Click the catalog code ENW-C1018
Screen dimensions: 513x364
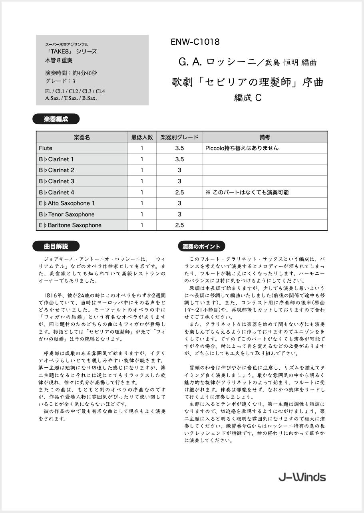195,42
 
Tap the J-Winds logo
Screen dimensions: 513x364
302,477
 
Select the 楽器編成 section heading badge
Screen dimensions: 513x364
56,119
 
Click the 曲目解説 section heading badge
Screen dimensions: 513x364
56,246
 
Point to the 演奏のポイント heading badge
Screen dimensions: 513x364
201,246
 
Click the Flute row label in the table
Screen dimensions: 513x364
46,148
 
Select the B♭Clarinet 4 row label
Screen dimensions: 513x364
56,192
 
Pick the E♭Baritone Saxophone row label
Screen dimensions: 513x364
70,225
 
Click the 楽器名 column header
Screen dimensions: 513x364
82,137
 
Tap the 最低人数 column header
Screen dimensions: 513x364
142,137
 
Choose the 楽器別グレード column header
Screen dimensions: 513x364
179,137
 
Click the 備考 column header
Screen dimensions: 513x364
265,137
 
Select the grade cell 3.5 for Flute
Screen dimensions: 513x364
179,148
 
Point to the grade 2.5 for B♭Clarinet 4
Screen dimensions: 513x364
179,192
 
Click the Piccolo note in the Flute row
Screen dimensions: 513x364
242,148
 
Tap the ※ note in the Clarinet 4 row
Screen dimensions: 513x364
247,192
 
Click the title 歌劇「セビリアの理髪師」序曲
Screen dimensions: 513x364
247,83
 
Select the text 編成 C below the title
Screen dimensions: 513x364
248,98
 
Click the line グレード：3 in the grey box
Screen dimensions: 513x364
60,81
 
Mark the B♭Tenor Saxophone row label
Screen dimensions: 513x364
66,214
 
